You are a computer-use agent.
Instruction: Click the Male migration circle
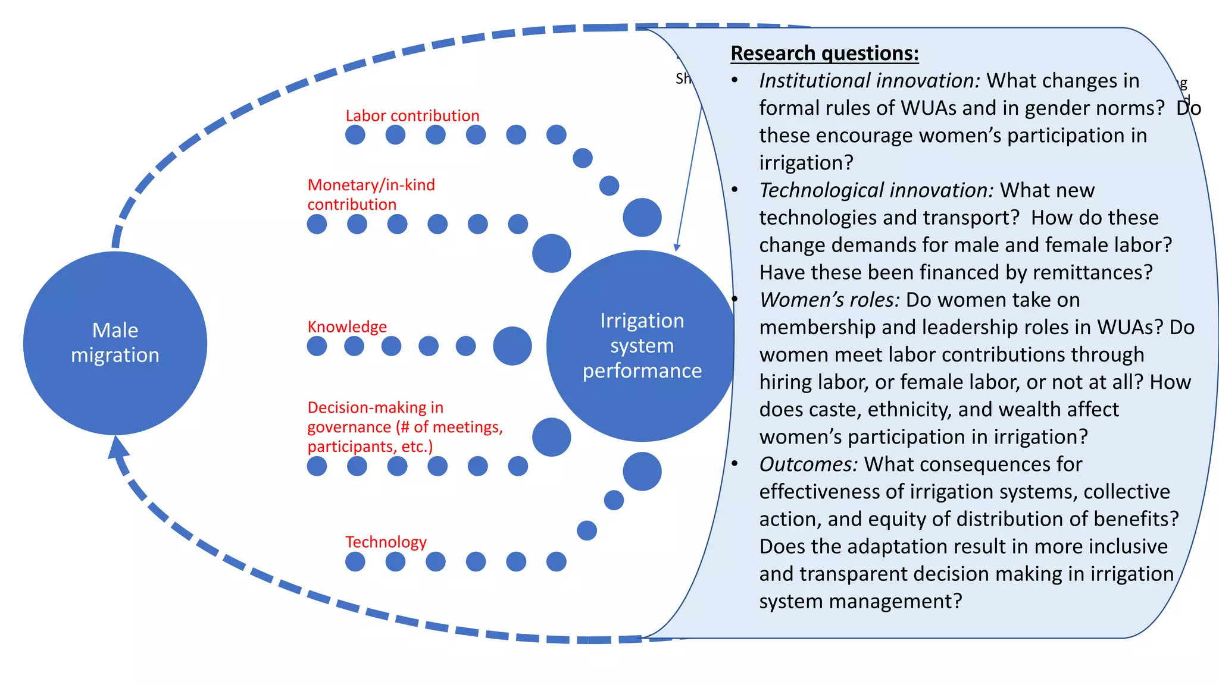pyautogui.click(x=115, y=343)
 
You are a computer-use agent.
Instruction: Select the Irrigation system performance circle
pyautogui.click(x=641, y=345)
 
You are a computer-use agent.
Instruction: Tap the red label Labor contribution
pyautogui.click(x=412, y=115)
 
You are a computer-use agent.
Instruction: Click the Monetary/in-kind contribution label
pyautogui.click(x=370, y=194)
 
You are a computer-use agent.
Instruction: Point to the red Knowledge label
pyautogui.click(x=346, y=326)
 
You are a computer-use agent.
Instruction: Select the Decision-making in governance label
pyautogui.click(x=404, y=427)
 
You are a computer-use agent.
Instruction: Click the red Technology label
pyautogui.click(x=386, y=542)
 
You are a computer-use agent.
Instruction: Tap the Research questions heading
pyautogui.click(x=824, y=54)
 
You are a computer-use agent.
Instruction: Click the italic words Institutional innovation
pyautogui.click(x=869, y=81)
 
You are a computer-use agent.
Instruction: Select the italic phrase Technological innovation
pyautogui.click(x=876, y=190)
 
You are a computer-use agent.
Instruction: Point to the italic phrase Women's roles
pyautogui.click(x=829, y=300)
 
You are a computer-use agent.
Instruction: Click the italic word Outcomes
pyautogui.click(x=808, y=464)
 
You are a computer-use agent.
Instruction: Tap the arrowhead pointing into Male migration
pyautogui.click(x=117, y=446)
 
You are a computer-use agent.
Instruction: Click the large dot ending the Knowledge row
pyautogui.click(x=512, y=345)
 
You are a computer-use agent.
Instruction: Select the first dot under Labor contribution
pyautogui.click(x=355, y=134)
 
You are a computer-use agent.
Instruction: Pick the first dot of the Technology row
pyautogui.click(x=355, y=561)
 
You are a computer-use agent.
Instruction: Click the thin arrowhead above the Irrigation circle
pyautogui.click(x=677, y=247)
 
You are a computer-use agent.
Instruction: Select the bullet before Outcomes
pyautogui.click(x=736, y=464)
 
